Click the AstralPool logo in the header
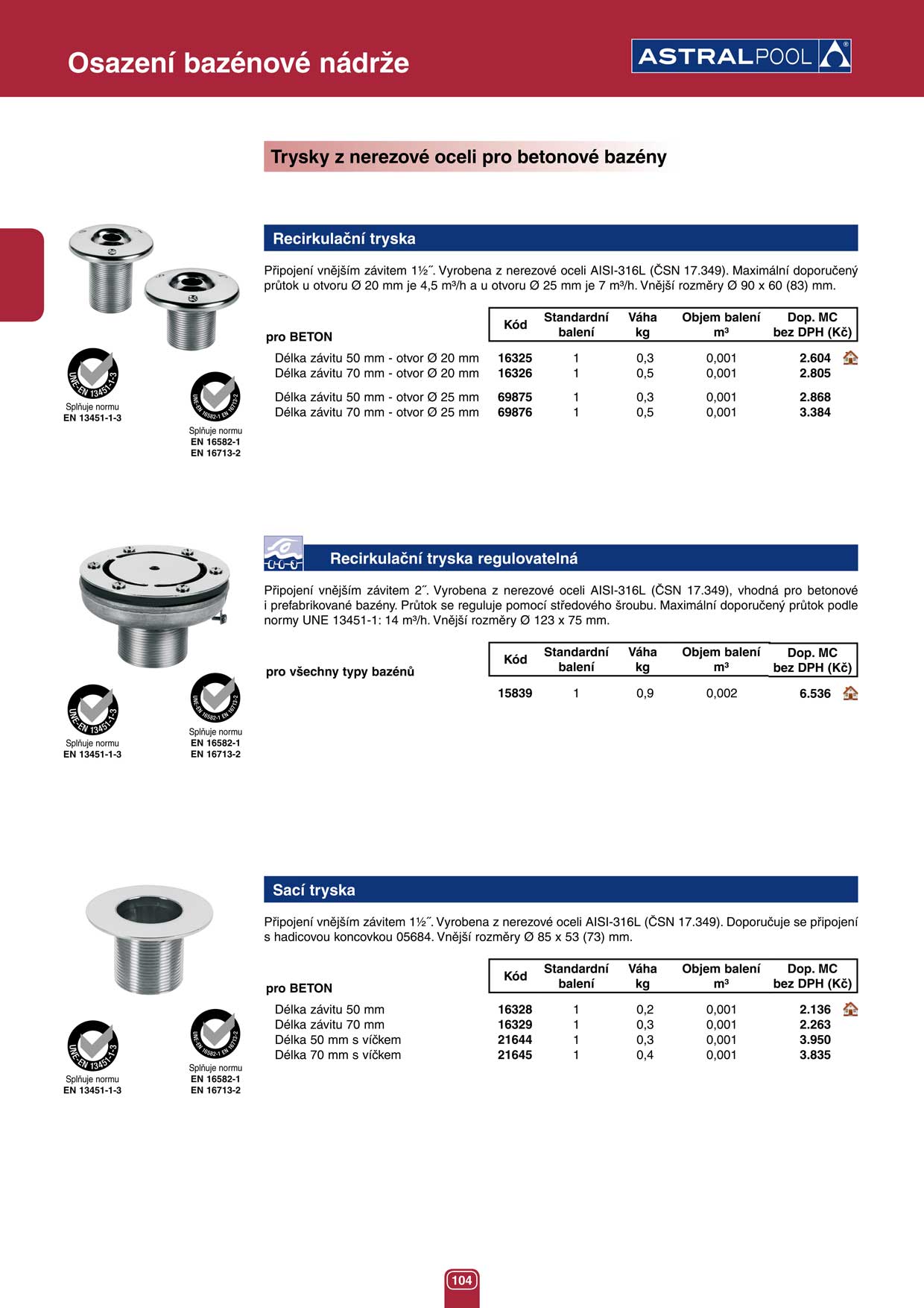(x=741, y=56)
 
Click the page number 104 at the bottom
(x=461, y=1280)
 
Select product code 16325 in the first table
(x=515, y=358)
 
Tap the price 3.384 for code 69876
(x=814, y=412)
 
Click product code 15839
(x=515, y=694)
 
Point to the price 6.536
(x=814, y=694)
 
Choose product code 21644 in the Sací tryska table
(x=515, y=1040)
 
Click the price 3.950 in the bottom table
(x=814, y=1040)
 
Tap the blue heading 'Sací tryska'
(x=314, y=890)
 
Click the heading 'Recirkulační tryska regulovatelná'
(x=453, y=559)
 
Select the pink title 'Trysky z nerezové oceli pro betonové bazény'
(x=468, y=157)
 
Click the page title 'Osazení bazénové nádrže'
(x=238, y=63)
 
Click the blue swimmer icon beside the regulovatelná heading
(x=283, y=553)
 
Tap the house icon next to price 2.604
(x=850, y=358)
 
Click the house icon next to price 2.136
(x=850, y=1010)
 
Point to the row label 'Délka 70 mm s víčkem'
(x=338, y=1055)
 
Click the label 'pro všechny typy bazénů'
(x=340, y=672)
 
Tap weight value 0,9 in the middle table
(x=645, y=694)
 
